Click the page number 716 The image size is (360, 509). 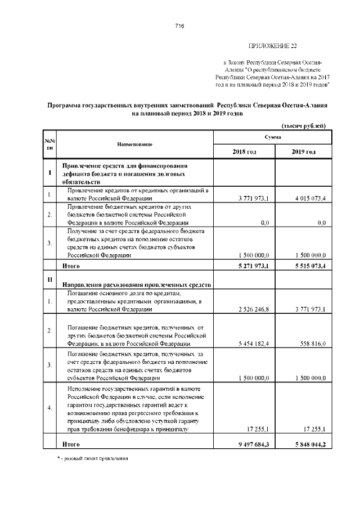click(x=180, y=26)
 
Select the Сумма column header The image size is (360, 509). click(x=272, y=137)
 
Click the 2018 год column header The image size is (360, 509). click(x=244, y=152)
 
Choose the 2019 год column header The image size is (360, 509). click(x=303, y=152)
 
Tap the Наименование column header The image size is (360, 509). click(x=134, y=145)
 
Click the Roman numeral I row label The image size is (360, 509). click(x=50, y=173)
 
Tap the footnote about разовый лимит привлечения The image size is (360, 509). click(x=93, y=459)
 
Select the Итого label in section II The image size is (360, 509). click(x=71, y=444)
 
